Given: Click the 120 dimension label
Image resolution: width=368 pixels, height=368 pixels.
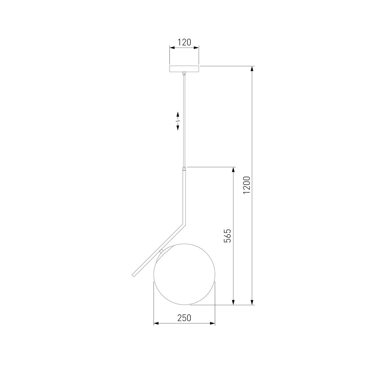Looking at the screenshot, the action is (x=184, y=42).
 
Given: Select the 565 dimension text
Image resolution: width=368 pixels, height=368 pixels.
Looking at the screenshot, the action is (x=228, y=236).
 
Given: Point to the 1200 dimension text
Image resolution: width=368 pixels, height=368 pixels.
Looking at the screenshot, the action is (x=247, y=185).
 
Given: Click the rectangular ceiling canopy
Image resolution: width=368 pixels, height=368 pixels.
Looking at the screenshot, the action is (x=184, y=69).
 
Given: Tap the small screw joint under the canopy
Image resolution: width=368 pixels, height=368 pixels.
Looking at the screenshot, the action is (x=184, y=73).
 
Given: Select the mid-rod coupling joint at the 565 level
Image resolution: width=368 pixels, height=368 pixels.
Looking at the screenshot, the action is (x=184, y=169).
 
